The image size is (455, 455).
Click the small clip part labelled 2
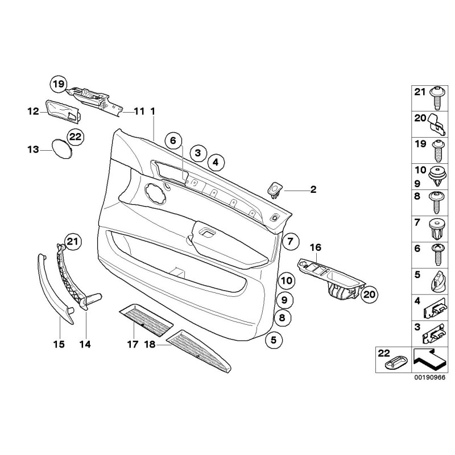point(276,188)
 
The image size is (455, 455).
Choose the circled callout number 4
point(215,163)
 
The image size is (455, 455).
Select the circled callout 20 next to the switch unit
point(370,294)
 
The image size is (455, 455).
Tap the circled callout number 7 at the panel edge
point(289,241)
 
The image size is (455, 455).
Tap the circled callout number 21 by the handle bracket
point(72,243)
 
